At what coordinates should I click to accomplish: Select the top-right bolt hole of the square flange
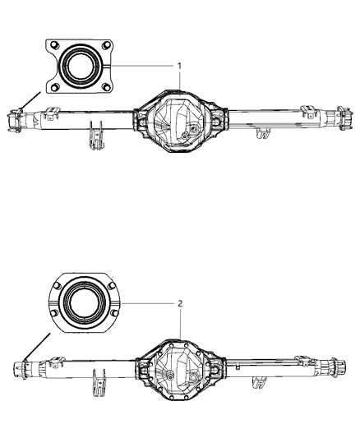(x=105, y=45)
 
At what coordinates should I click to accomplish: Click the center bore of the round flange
(x=83, y=303)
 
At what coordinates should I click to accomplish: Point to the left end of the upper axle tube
(x=17, y=120)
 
